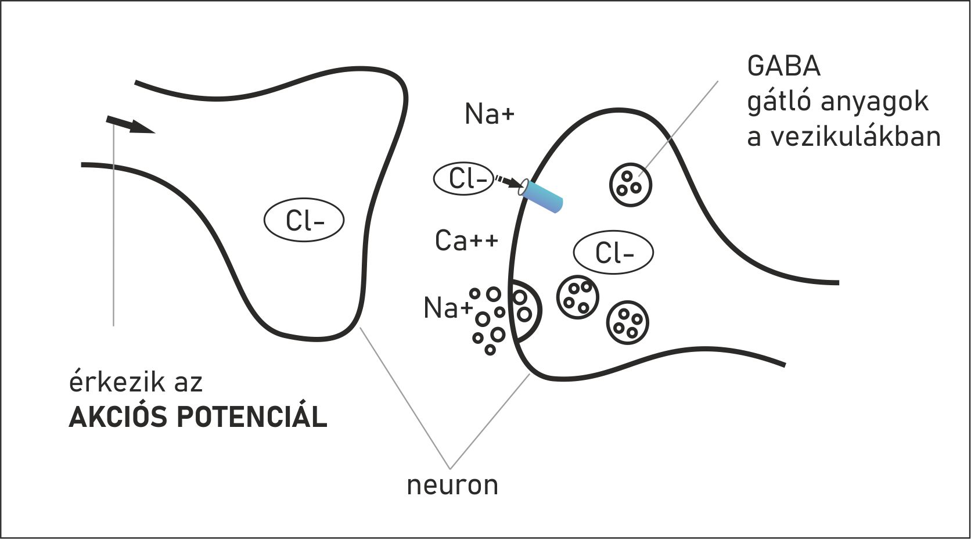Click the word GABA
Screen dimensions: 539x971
click(783, 66)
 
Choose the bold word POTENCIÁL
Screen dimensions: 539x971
click(251, 416)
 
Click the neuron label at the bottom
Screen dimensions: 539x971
click(452, 484)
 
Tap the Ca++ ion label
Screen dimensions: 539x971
click(466, 240)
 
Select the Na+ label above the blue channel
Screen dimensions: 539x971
click(490, 114)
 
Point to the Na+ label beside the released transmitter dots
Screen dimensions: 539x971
click(447, 308)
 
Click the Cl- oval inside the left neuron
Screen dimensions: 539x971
click(304, 221)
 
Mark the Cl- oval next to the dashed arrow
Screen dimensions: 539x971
click(463, 179)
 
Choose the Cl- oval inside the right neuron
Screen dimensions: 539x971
click(613, 253)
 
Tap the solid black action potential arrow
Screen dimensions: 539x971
click(130, 124)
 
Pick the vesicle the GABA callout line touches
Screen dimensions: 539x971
click(631, 185)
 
